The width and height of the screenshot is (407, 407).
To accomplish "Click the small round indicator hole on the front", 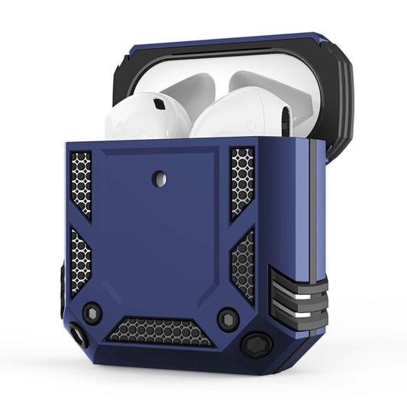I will coord(159,178).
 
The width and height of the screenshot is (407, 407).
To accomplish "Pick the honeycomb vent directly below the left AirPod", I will coord(80,183).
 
